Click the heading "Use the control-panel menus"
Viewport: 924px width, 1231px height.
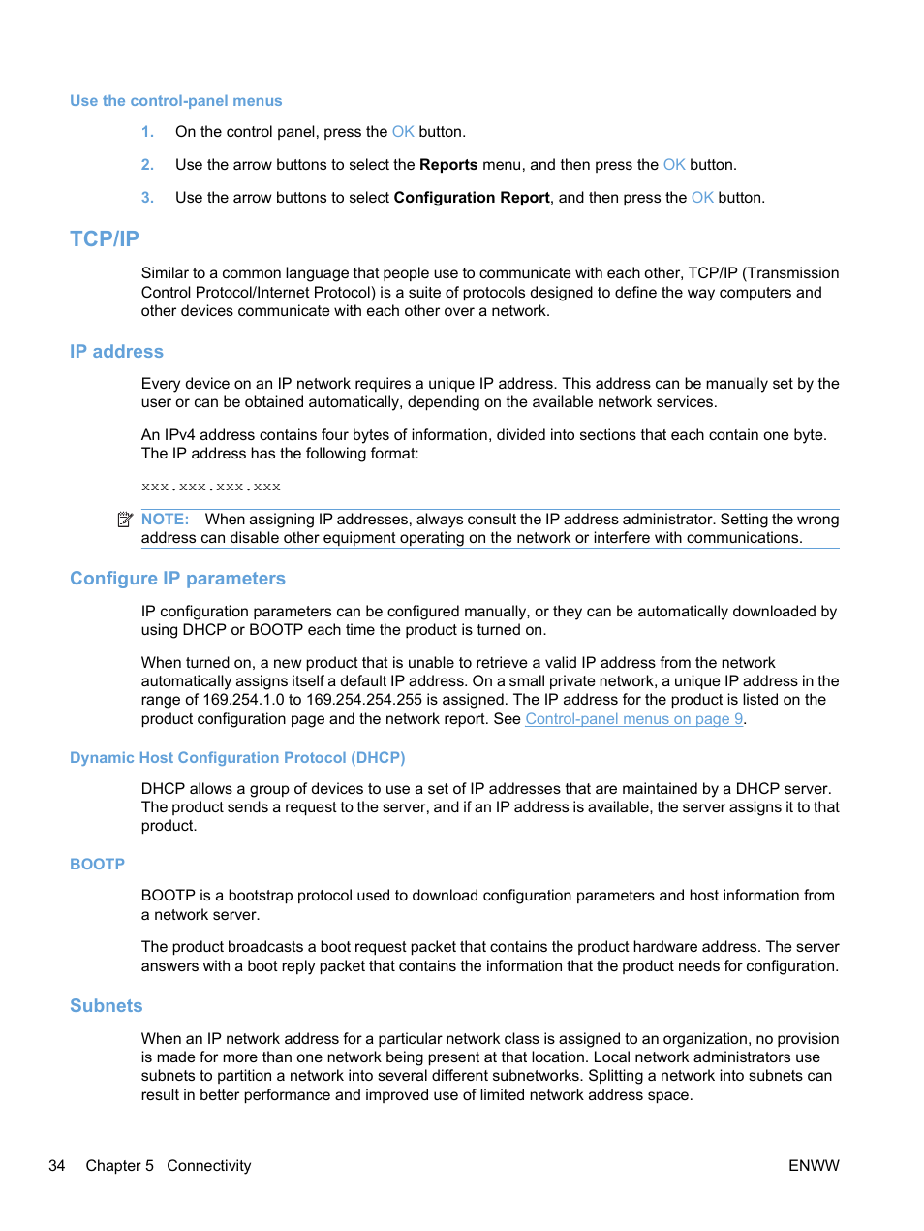tap(175, 101)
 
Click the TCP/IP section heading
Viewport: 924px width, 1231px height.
tap(105, 238)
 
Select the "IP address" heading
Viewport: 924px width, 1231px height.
tap(116, 352)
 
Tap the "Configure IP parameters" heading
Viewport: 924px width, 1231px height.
tap(177, 579)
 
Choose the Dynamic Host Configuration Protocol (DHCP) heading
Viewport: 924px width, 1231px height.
tap(237, 758)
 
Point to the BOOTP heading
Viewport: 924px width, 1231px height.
tap(97, 865)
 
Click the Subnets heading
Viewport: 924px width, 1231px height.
tap(106, 1006)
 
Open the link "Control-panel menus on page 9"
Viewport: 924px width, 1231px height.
tap(633, 719)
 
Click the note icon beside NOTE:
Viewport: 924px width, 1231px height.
tap(125, 521)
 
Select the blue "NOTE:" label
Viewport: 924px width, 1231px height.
tap(165, 520)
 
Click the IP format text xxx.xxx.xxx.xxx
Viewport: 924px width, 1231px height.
tap(211, 488)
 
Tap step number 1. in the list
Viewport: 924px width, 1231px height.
tap(147, 132)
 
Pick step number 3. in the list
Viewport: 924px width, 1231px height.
tap(147, 198)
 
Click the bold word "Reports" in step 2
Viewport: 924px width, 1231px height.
tap(448, 165)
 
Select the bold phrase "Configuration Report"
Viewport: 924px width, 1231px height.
tap(472, 198)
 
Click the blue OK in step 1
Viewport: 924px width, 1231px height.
tap(403, 132)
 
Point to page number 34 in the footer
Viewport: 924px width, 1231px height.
tap(57, 1166)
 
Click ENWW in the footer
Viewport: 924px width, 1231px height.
tap(814, 1166)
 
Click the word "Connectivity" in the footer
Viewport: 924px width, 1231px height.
tap(208, 1166)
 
